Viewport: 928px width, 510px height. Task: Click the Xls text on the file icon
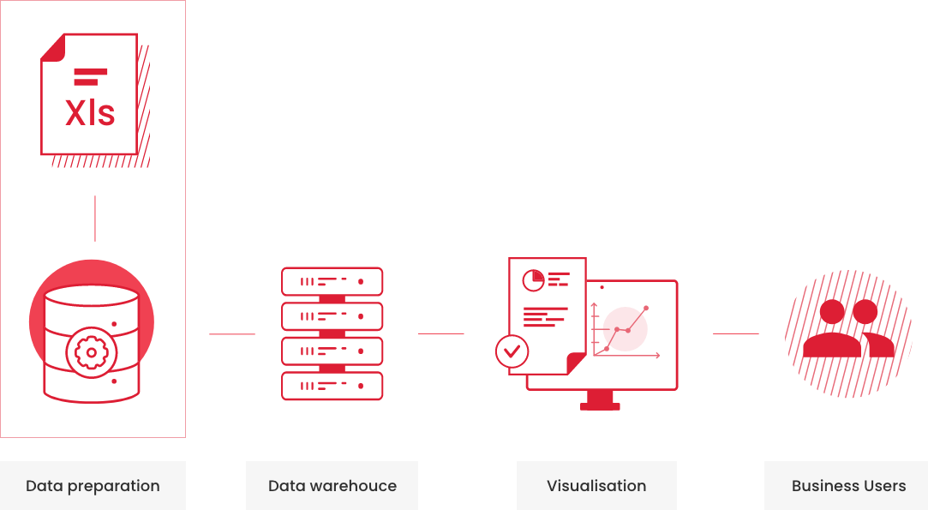90,113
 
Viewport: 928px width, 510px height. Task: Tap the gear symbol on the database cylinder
91,352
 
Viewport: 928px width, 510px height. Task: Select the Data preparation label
93,486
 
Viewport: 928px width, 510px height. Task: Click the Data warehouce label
332,486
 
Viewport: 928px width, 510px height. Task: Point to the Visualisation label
596,486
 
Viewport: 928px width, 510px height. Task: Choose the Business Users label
848,486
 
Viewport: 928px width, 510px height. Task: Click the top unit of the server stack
332,281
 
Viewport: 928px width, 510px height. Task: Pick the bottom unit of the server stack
332,386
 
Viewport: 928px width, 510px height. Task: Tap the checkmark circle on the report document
512,351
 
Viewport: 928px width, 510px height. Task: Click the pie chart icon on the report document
533,279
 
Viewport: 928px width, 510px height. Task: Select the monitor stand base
600,405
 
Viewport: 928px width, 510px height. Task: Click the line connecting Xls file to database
95,219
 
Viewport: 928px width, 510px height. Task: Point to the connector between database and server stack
232,333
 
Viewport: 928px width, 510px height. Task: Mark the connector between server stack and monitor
440,333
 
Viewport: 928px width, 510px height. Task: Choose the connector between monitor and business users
736,333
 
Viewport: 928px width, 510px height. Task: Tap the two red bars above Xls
90,76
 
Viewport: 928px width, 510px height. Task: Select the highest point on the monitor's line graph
646,308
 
